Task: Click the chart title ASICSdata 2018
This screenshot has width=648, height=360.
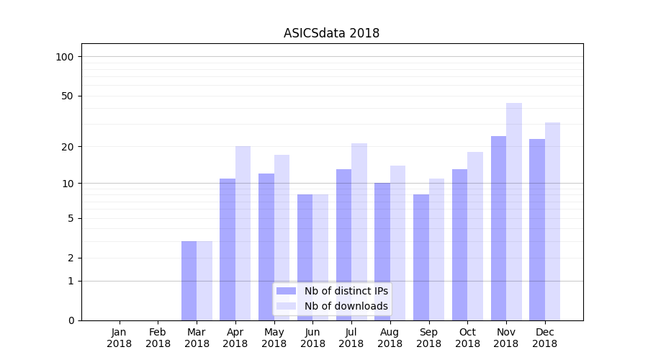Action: click(x=331, y=33)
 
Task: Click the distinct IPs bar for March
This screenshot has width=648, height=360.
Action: click(x=189, y=280)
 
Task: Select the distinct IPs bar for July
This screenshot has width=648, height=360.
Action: click(x=343, y=244)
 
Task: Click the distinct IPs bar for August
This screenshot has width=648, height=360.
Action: click(x=382, y=251)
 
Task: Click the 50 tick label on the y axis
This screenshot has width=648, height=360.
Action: click(x=68, y=96)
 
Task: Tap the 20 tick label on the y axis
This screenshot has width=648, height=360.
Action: click(x=68, y=147)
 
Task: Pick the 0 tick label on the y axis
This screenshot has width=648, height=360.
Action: click(x=71, y=320)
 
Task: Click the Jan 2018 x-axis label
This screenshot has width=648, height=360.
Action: click(x=120, y=338)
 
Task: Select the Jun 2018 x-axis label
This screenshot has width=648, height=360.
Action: click(x=312, y=338)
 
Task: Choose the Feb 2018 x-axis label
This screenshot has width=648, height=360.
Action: click(x=158, y=338)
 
